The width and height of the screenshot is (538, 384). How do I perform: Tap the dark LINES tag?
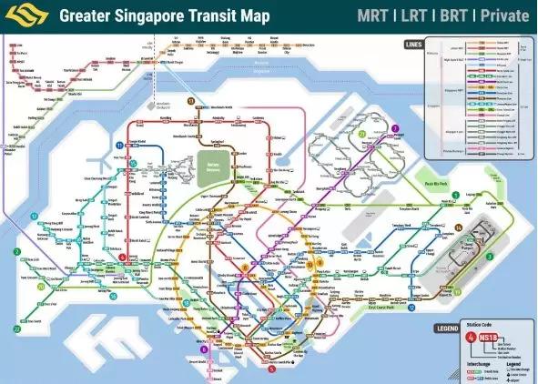414,43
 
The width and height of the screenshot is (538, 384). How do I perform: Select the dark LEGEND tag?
421,327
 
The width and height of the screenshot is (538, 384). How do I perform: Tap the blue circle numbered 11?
119,146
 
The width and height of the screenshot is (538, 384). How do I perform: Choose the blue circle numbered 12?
34,217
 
